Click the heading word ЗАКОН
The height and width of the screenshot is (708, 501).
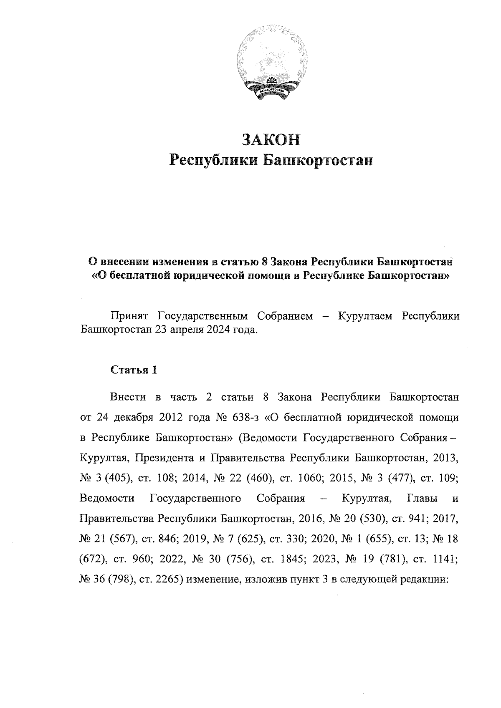pos(271,139)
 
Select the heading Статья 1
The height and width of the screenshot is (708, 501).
pos(133,370)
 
